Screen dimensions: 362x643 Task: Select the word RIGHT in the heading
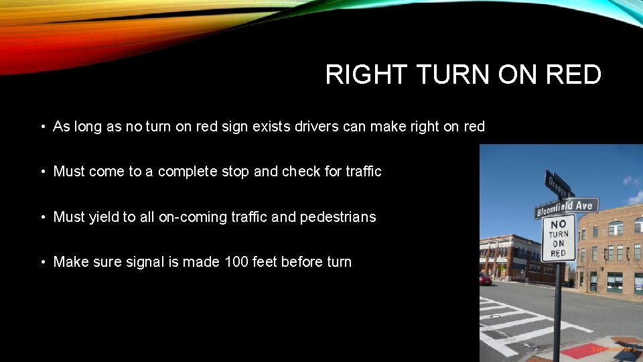pos(366,74)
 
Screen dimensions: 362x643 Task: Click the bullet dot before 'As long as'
pos(42,126)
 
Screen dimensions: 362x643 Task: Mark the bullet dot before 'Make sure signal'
pos(42,261)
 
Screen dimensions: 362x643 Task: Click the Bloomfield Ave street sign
pos(566,208)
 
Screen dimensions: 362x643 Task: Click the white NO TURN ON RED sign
pos(559,238)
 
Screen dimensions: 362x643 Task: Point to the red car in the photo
pos(485,279)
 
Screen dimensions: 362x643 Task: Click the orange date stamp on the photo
pos(613,349)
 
